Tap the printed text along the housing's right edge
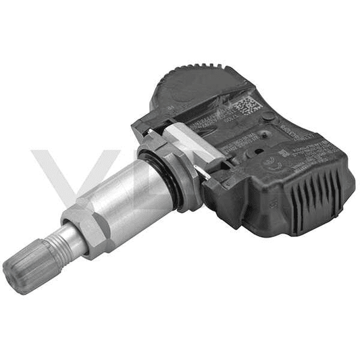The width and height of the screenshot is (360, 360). point(317,145)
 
